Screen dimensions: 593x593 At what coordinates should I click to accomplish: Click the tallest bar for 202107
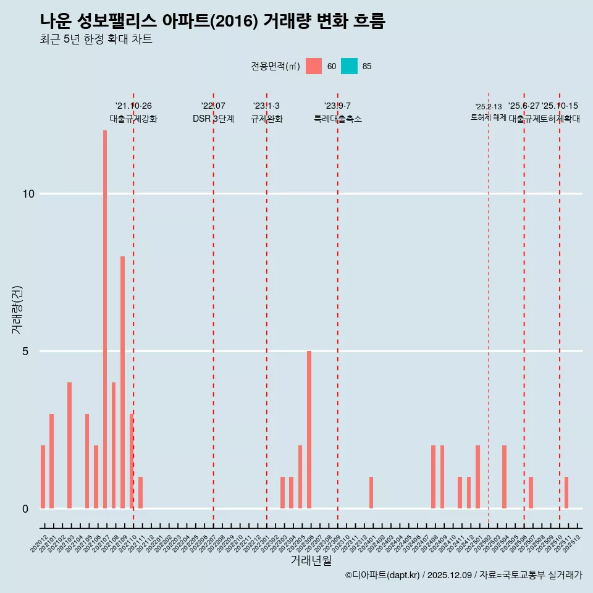tap(105, 319)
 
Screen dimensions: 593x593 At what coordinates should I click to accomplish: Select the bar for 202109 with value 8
tap(122, 382)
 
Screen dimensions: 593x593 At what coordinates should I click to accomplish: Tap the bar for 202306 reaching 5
tap(309, 429)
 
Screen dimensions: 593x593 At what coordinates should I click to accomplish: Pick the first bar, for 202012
tap(43, 477)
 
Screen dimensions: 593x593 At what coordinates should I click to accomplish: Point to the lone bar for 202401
tap(371, 492)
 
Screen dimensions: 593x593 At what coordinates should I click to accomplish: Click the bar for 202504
tap(504, 477)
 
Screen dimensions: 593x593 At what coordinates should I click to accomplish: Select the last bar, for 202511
tap(566, 492)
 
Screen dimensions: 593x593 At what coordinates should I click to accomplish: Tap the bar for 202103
tap(69, 445)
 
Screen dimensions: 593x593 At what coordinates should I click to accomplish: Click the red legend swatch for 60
tap(314, 66)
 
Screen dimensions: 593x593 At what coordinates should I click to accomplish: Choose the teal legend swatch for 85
tap(350, 66)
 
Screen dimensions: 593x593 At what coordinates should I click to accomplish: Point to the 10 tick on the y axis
tap(28, 194)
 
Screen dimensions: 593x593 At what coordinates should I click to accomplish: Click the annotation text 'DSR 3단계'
tap(213, 119)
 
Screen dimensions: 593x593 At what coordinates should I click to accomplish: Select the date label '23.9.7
tap(337, 106)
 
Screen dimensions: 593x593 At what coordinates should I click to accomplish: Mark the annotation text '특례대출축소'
tap(337, 119)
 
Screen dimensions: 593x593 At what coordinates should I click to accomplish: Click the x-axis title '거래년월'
tap(311, 561)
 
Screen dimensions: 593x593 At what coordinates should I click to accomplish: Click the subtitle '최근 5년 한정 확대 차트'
tap(96, 39)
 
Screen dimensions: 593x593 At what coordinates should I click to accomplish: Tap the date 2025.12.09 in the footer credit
tap(449, 575)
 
